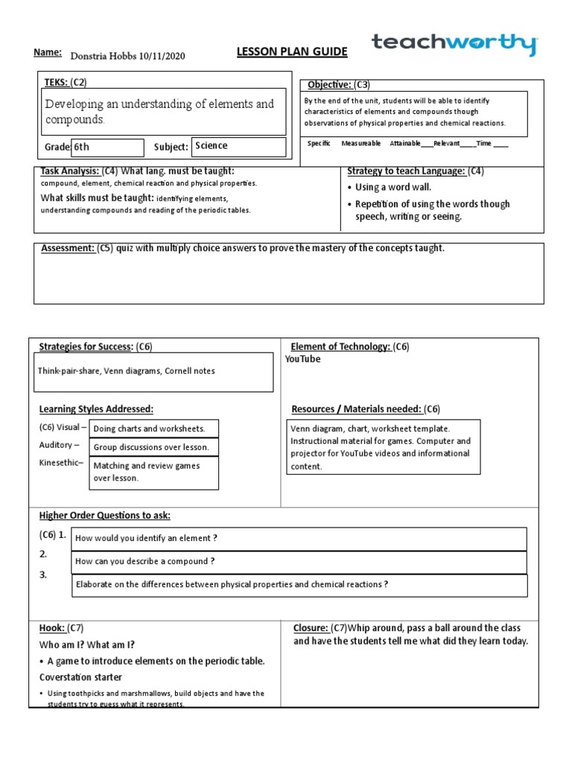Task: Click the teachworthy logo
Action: (x=454, y=45)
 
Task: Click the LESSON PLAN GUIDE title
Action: (x=282, y=51)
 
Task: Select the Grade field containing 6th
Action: (x=107, y=148)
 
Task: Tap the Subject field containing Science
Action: (x=238, y=146)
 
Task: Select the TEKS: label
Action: (x=56, y=82)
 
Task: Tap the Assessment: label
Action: (x=66, y=248)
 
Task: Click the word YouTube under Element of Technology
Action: (x=303, y=359)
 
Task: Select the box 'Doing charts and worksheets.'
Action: (x=153, y=428)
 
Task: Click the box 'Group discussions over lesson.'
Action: (x=153, y=447)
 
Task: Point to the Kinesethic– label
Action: (x=61, y=463)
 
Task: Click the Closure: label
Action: (x=311, y=628)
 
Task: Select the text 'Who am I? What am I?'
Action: (x=87, y=645)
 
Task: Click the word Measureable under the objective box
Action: (x=360, y=143)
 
